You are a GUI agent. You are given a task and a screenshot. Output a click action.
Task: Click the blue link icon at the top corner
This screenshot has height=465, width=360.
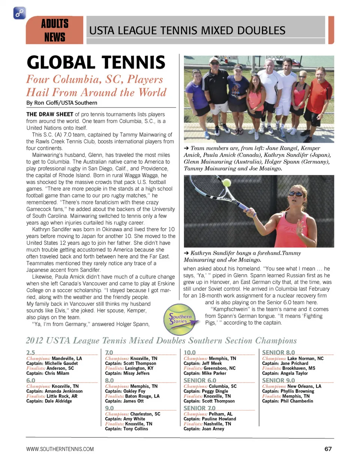click(x=19, y=13)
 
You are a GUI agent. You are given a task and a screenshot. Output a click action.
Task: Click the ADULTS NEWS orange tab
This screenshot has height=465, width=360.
click(x=55, y=30)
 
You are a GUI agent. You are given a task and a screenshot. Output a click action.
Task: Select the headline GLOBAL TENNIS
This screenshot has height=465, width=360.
click(x=96, y=62)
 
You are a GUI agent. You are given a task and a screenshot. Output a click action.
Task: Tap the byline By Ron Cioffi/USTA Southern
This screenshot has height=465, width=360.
click(x=61, y=103)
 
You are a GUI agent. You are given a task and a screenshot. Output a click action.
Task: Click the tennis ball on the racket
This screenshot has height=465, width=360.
click(x=227, y=183)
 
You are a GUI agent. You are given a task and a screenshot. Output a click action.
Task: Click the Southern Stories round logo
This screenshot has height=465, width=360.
click(x=180, y=319)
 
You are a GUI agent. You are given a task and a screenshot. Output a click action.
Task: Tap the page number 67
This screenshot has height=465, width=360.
click(x=328, y=449)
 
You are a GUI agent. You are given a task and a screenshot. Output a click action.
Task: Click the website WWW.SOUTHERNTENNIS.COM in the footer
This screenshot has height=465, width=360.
click(x=60, y=449)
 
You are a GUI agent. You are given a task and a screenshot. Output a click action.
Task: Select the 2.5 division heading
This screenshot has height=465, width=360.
click(x=31, y=352)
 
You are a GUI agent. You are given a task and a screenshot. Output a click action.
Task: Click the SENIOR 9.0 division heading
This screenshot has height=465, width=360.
click(x=278, y=380)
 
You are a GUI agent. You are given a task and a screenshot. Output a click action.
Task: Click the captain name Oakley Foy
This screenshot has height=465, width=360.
click(x=134, y=391)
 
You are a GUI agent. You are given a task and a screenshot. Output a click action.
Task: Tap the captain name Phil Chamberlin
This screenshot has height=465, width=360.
click(x=297, y=401)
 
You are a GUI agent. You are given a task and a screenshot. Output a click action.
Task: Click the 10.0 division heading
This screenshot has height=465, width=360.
click(x=190, y=352)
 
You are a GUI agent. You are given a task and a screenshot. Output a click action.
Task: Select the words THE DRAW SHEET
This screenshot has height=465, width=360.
click(x=49, y=114)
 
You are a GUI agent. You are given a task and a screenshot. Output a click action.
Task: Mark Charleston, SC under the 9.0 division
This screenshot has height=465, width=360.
click(x=145, y=414)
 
